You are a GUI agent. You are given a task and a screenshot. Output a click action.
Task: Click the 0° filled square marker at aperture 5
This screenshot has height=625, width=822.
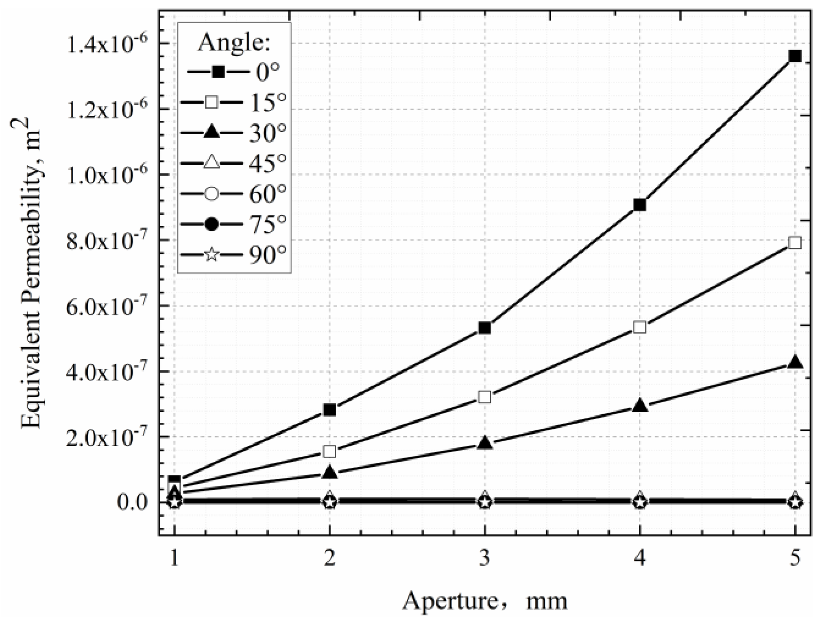tap(794, 56)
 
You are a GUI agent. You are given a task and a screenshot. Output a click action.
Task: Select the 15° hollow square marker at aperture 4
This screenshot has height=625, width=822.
tap(639, 327)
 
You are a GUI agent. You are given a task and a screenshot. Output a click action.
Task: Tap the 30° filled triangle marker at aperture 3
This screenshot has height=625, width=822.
tap(484, 443)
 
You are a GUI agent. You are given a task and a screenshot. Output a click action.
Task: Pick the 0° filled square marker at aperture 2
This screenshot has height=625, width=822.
tap(329, 410)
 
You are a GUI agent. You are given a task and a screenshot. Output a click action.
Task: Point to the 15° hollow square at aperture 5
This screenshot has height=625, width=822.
tap(794, 243)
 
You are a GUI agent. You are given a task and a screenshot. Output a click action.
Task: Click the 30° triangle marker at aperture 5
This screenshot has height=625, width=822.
tap(794, 363)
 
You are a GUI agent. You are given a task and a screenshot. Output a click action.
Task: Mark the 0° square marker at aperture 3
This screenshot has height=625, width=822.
tap(484, 328)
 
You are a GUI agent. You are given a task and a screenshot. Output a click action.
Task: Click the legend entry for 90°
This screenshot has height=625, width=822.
tap(234, 255)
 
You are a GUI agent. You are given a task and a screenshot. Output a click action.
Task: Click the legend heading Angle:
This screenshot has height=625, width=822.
tap(234, 42)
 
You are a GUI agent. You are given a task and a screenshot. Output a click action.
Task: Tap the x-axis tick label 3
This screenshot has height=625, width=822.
tap(484, 559)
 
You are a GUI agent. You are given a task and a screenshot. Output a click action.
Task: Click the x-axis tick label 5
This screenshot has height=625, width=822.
tap(794, 559)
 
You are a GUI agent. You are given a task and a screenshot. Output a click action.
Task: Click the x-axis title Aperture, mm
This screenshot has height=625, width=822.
tap(484, 601)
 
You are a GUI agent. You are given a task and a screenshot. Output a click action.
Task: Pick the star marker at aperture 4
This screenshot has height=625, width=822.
tap(639, 502)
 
